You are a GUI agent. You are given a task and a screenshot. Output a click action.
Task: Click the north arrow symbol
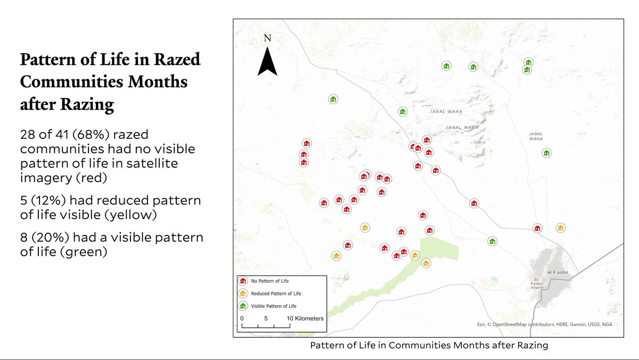[x=267, y=61]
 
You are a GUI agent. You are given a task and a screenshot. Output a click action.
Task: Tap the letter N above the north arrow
[x=267, y=38]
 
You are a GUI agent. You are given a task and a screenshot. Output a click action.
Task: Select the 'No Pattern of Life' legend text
[x=270, y=281]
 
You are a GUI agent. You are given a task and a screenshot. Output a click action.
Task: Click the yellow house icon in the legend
[x=243, y=293]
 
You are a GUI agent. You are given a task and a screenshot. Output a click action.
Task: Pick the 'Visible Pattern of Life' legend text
[x=274, y=306]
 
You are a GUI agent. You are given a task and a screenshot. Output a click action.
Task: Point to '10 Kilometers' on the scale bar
[x=305, y=318]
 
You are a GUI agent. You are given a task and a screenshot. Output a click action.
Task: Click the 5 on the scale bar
[x=266, y=318]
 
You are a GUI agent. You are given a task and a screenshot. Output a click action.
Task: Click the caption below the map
[x=429, y=345]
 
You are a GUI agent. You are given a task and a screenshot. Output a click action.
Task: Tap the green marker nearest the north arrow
[x=333, y=99]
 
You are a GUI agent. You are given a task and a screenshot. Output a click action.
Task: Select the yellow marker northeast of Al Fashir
[x=560, y=228]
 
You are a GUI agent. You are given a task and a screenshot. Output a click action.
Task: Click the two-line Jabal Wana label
[x=536, y=136]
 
